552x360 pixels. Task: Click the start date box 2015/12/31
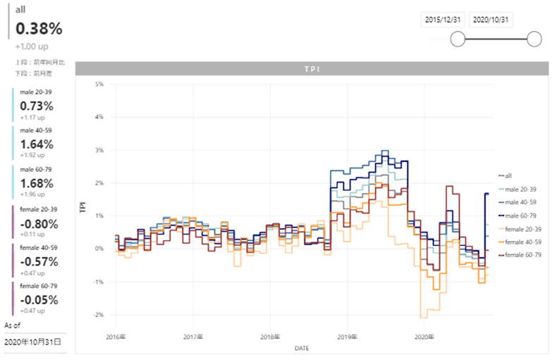coord(443,20)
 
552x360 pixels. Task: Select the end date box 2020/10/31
coord(491,20)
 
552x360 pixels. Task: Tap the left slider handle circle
coord(458,39)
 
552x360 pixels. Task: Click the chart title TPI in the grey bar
coord(311,69)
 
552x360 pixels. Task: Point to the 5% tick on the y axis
coord(99,85)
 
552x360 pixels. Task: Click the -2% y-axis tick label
coord(99,315)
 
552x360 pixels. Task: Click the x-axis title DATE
coord(301,348)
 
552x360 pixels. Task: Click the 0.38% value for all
coord(39,29)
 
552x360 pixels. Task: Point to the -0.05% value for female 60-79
coord(39,300)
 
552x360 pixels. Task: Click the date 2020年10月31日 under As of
coord(32,342)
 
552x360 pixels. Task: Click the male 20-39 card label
coord(35,92)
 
